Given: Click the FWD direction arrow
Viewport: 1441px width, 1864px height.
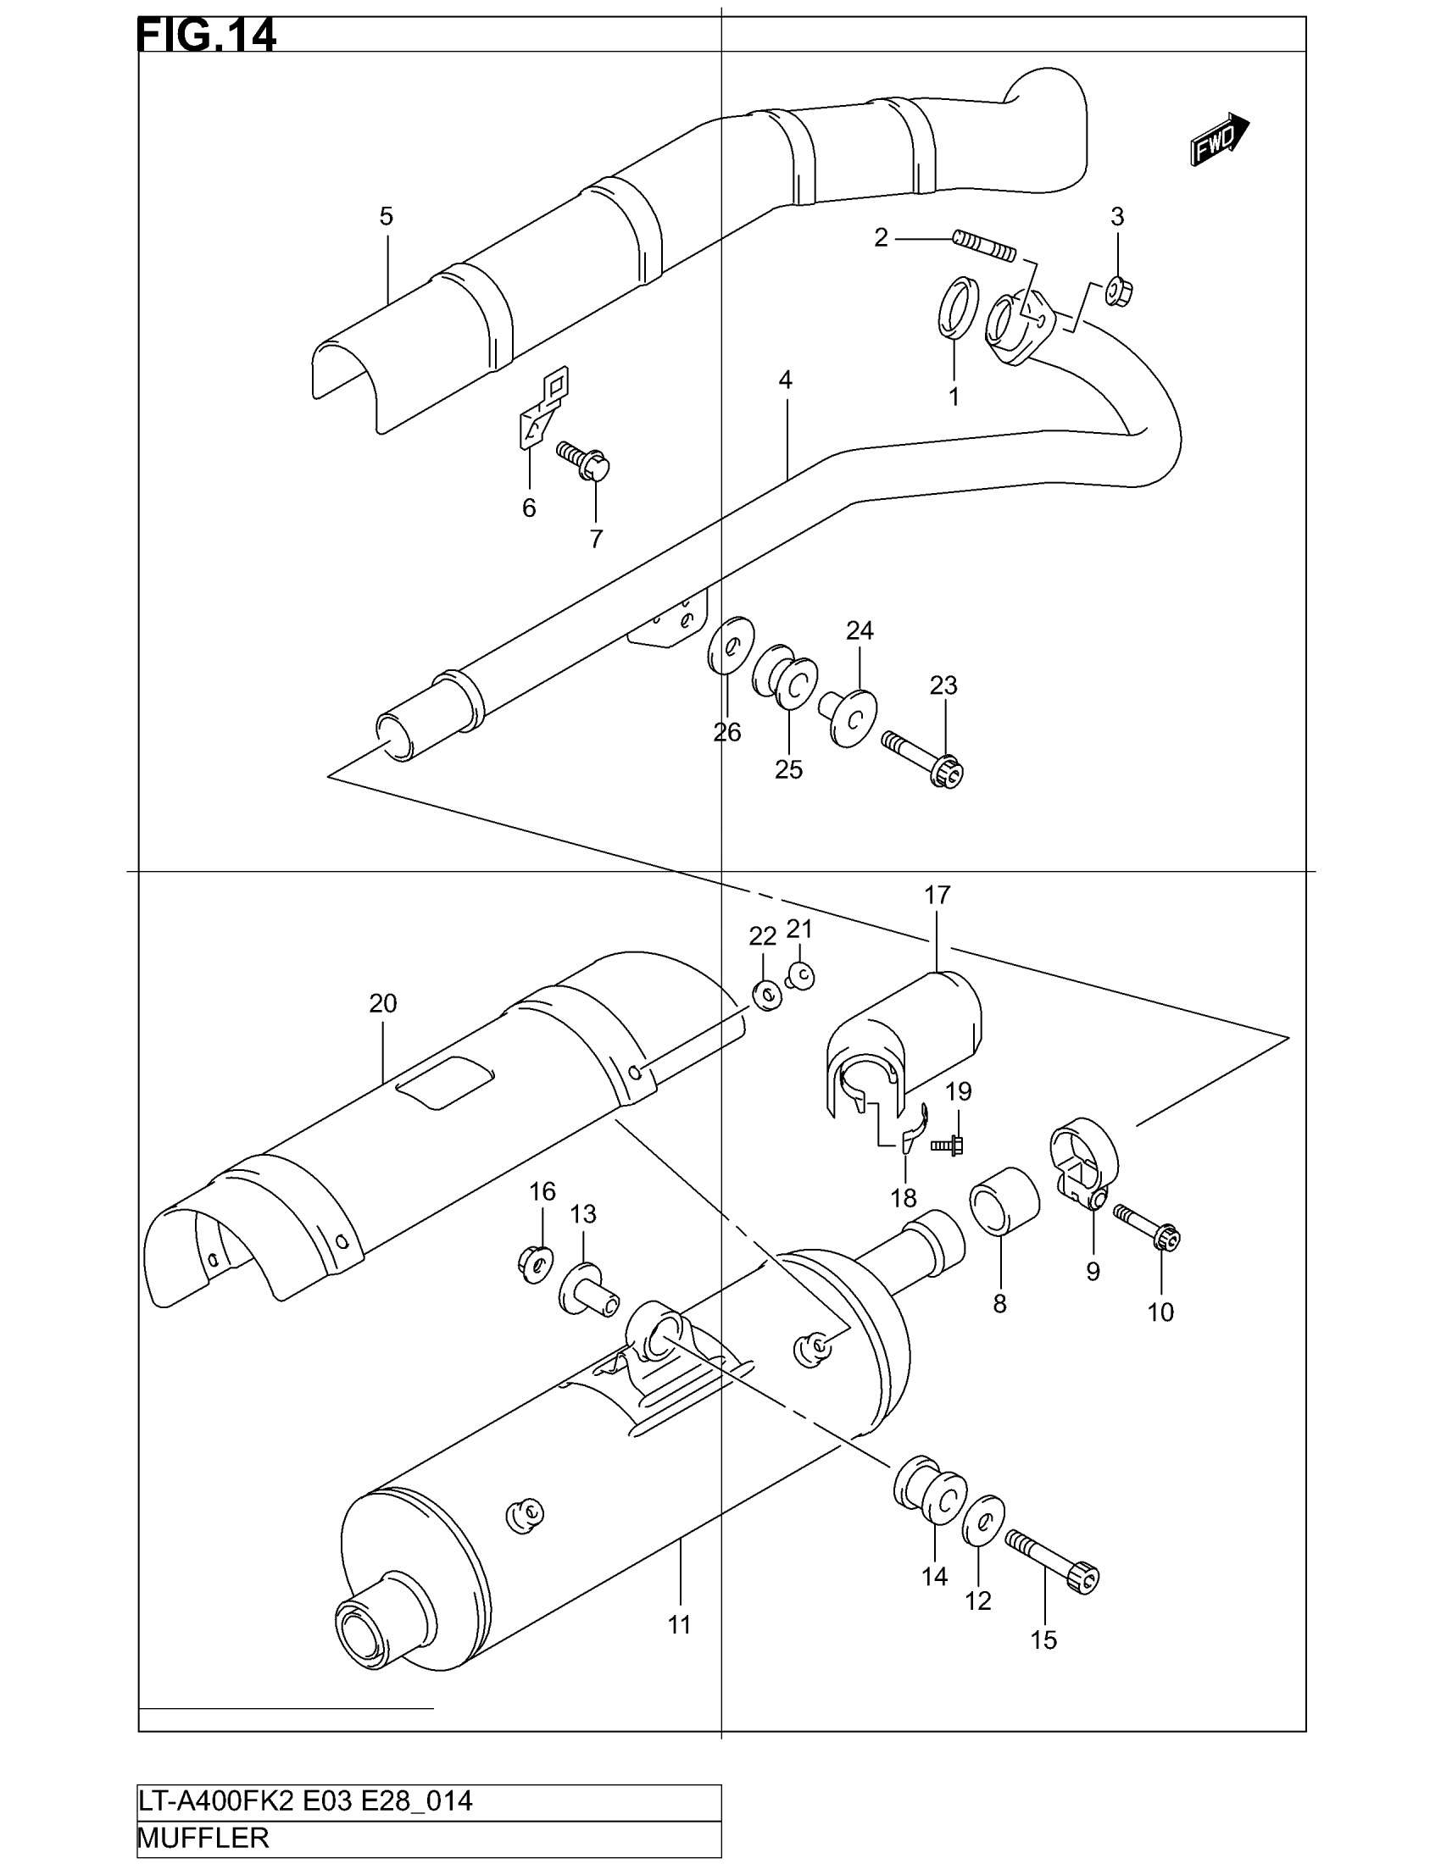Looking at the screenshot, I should click(1219, 140).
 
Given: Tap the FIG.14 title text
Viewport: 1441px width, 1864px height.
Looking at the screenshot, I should click(207, 36).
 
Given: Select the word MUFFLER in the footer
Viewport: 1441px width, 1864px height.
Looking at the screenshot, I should click(203, 1838).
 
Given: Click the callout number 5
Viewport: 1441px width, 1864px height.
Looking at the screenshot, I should click(386, 217).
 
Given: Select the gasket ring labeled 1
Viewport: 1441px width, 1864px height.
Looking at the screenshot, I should click(956, 308).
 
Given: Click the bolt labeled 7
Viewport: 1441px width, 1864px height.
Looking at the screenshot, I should click(586, 461).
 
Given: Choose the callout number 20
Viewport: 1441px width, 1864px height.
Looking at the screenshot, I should click(383, 1004).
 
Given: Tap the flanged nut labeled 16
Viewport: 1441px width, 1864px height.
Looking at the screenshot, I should click(535, 1264).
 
